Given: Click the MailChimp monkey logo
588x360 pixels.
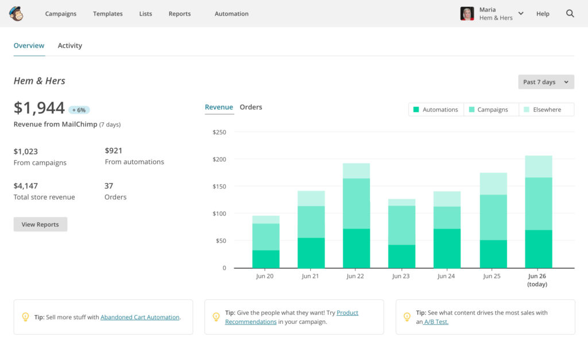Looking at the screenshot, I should point(16,14).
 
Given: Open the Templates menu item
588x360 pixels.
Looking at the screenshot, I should point(108,14).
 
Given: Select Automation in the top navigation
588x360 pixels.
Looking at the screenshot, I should point(231,14).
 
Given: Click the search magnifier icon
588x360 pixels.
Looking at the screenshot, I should point(570,14).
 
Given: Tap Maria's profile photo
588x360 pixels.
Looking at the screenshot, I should point(467,14).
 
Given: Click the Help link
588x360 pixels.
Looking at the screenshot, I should point(543,14).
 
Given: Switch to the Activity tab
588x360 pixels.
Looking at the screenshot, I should point(70,46).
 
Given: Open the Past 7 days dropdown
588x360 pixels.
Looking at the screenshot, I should point(546,82).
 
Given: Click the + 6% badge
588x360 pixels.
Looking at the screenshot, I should point(79,110).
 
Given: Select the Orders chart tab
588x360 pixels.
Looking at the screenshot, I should point(251,107).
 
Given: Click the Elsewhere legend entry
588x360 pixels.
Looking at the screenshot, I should point(546,110).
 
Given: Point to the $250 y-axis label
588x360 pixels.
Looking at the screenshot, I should point(219,132).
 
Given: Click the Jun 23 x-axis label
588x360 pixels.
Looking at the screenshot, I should point(401,276).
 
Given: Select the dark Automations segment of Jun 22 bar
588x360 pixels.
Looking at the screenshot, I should point(356,248).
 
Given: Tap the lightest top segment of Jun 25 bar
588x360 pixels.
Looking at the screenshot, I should point(493,184).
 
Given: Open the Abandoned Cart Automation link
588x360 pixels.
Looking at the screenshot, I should point(140,317).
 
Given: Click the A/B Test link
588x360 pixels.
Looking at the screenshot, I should point(436,322).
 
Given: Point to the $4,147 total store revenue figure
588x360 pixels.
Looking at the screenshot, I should point(26,186).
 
